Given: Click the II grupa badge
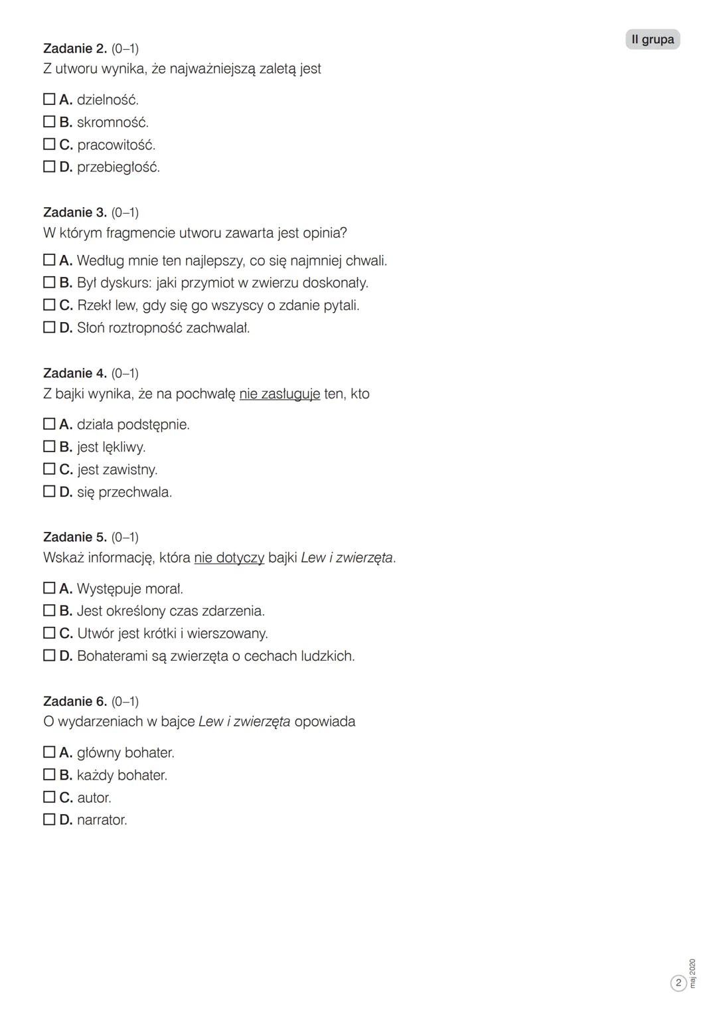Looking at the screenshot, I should (x=653, y=39).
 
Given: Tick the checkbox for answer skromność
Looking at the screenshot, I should (x=49, y=122).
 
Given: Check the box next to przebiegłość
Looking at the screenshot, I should (x=49, y=167).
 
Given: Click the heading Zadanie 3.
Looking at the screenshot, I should (x=74, y=212).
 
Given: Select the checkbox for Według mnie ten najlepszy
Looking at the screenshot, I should (x=49, y=260).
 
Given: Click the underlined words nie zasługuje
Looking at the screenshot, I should (x=279, y=394).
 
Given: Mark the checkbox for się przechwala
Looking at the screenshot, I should (x=49, y=491).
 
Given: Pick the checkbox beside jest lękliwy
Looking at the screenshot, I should (x=49, y=446).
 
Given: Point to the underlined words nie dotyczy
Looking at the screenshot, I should (x=229, y=558).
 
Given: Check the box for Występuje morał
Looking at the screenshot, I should (x=49, y=588).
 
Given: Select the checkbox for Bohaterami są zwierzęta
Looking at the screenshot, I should (x=49, y=655).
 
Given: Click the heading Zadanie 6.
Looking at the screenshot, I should (x=74, y=701).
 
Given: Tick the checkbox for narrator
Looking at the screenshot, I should (x=49, y=819).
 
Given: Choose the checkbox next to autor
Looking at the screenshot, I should (x=49, y=797).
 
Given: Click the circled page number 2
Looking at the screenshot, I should (x=678, y=983).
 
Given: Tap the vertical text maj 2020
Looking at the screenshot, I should (x=693, y=973).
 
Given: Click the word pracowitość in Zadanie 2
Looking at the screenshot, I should (x=116, y=145).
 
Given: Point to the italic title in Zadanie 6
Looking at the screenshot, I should (x=244, y=722).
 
